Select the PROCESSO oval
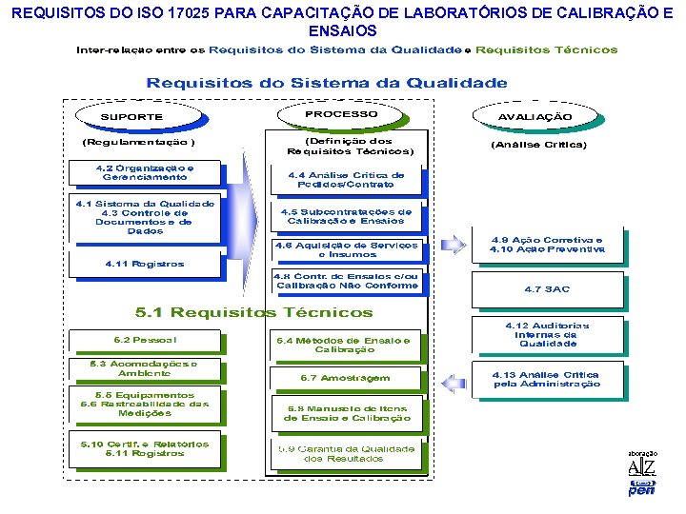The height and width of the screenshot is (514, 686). pyautogui.click(x=341, y=114)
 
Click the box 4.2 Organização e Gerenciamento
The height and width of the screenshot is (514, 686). pyautogui.click(x=144, y=172)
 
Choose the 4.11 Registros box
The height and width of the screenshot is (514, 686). pyautogui.click(x=144, y=264)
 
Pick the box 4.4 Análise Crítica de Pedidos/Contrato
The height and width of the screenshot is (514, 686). pyautogui.click(x=346, y=179)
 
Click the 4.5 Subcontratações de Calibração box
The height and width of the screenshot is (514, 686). pyautogui.click(x=346, y=217)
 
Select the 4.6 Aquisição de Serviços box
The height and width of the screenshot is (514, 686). pyautogui.click(x=347, y=249)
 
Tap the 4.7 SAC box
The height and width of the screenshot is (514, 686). pyautogui.click(x=547, y=288)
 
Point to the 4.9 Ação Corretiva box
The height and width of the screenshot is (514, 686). pyautogui.click(x=547, y=245)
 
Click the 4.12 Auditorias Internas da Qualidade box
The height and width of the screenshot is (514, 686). pyautogui.click(x=547, y=334)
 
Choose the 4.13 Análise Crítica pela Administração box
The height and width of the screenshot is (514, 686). pyautogui.click(x=547, y=379)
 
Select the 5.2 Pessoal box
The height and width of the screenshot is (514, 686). pyautogui.click(x=144, y=340)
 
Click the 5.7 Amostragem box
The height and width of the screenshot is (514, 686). pyautogui.click(x=345, y=378)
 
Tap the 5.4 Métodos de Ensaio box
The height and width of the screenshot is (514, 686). pyautogui.click(x=345, y=345)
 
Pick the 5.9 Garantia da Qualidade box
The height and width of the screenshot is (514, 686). pyautogui.click(x=346, y=453)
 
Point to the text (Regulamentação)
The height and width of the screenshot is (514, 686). pyautogui.click(x=139, y=143)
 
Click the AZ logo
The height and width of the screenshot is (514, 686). pyautogui.click(x=641, y=467)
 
